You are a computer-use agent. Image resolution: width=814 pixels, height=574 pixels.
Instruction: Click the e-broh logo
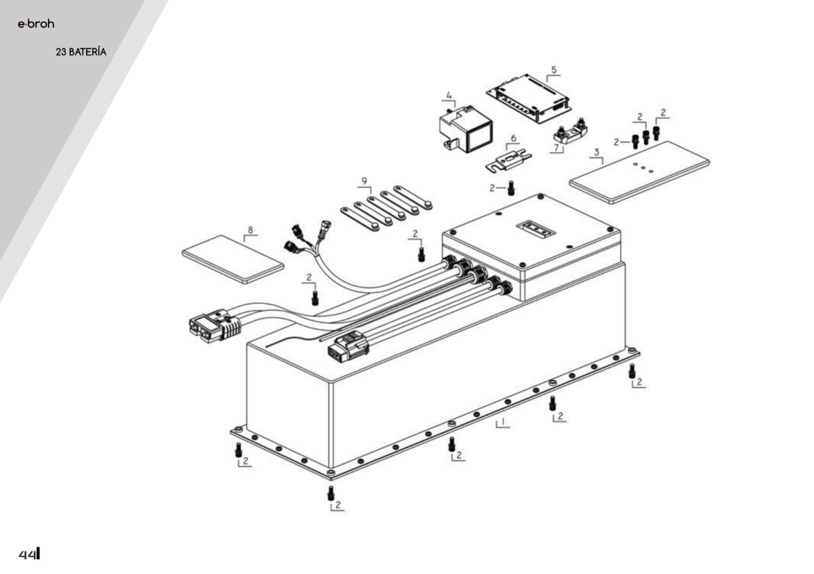click(36, 23)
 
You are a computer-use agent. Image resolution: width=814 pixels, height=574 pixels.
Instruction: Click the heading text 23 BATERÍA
click(81, 52)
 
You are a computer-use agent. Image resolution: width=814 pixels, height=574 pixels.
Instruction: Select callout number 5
click(554, 70)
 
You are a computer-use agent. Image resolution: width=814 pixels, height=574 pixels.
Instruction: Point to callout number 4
click(449, 96)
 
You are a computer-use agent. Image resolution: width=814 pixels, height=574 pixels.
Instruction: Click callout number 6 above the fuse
click(514, 138)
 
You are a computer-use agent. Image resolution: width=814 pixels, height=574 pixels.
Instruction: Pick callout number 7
click(557, 148)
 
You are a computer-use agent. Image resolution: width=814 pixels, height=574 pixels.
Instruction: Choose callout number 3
click(597, 152)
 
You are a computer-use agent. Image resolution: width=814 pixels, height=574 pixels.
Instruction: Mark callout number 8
click(251, 230)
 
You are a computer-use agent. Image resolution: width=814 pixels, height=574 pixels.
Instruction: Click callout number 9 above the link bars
click(365, 181)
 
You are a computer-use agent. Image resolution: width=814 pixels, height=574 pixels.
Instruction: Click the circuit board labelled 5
click(528, 98)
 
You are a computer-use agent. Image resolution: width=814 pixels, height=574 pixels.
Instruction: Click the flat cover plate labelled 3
click(639, 172)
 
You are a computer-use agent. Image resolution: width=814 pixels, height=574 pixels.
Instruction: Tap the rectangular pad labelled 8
click(233, 259)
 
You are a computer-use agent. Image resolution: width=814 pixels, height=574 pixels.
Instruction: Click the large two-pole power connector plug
click(216, 325)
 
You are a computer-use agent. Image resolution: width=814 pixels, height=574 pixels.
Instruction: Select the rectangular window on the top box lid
click(536, 228)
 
